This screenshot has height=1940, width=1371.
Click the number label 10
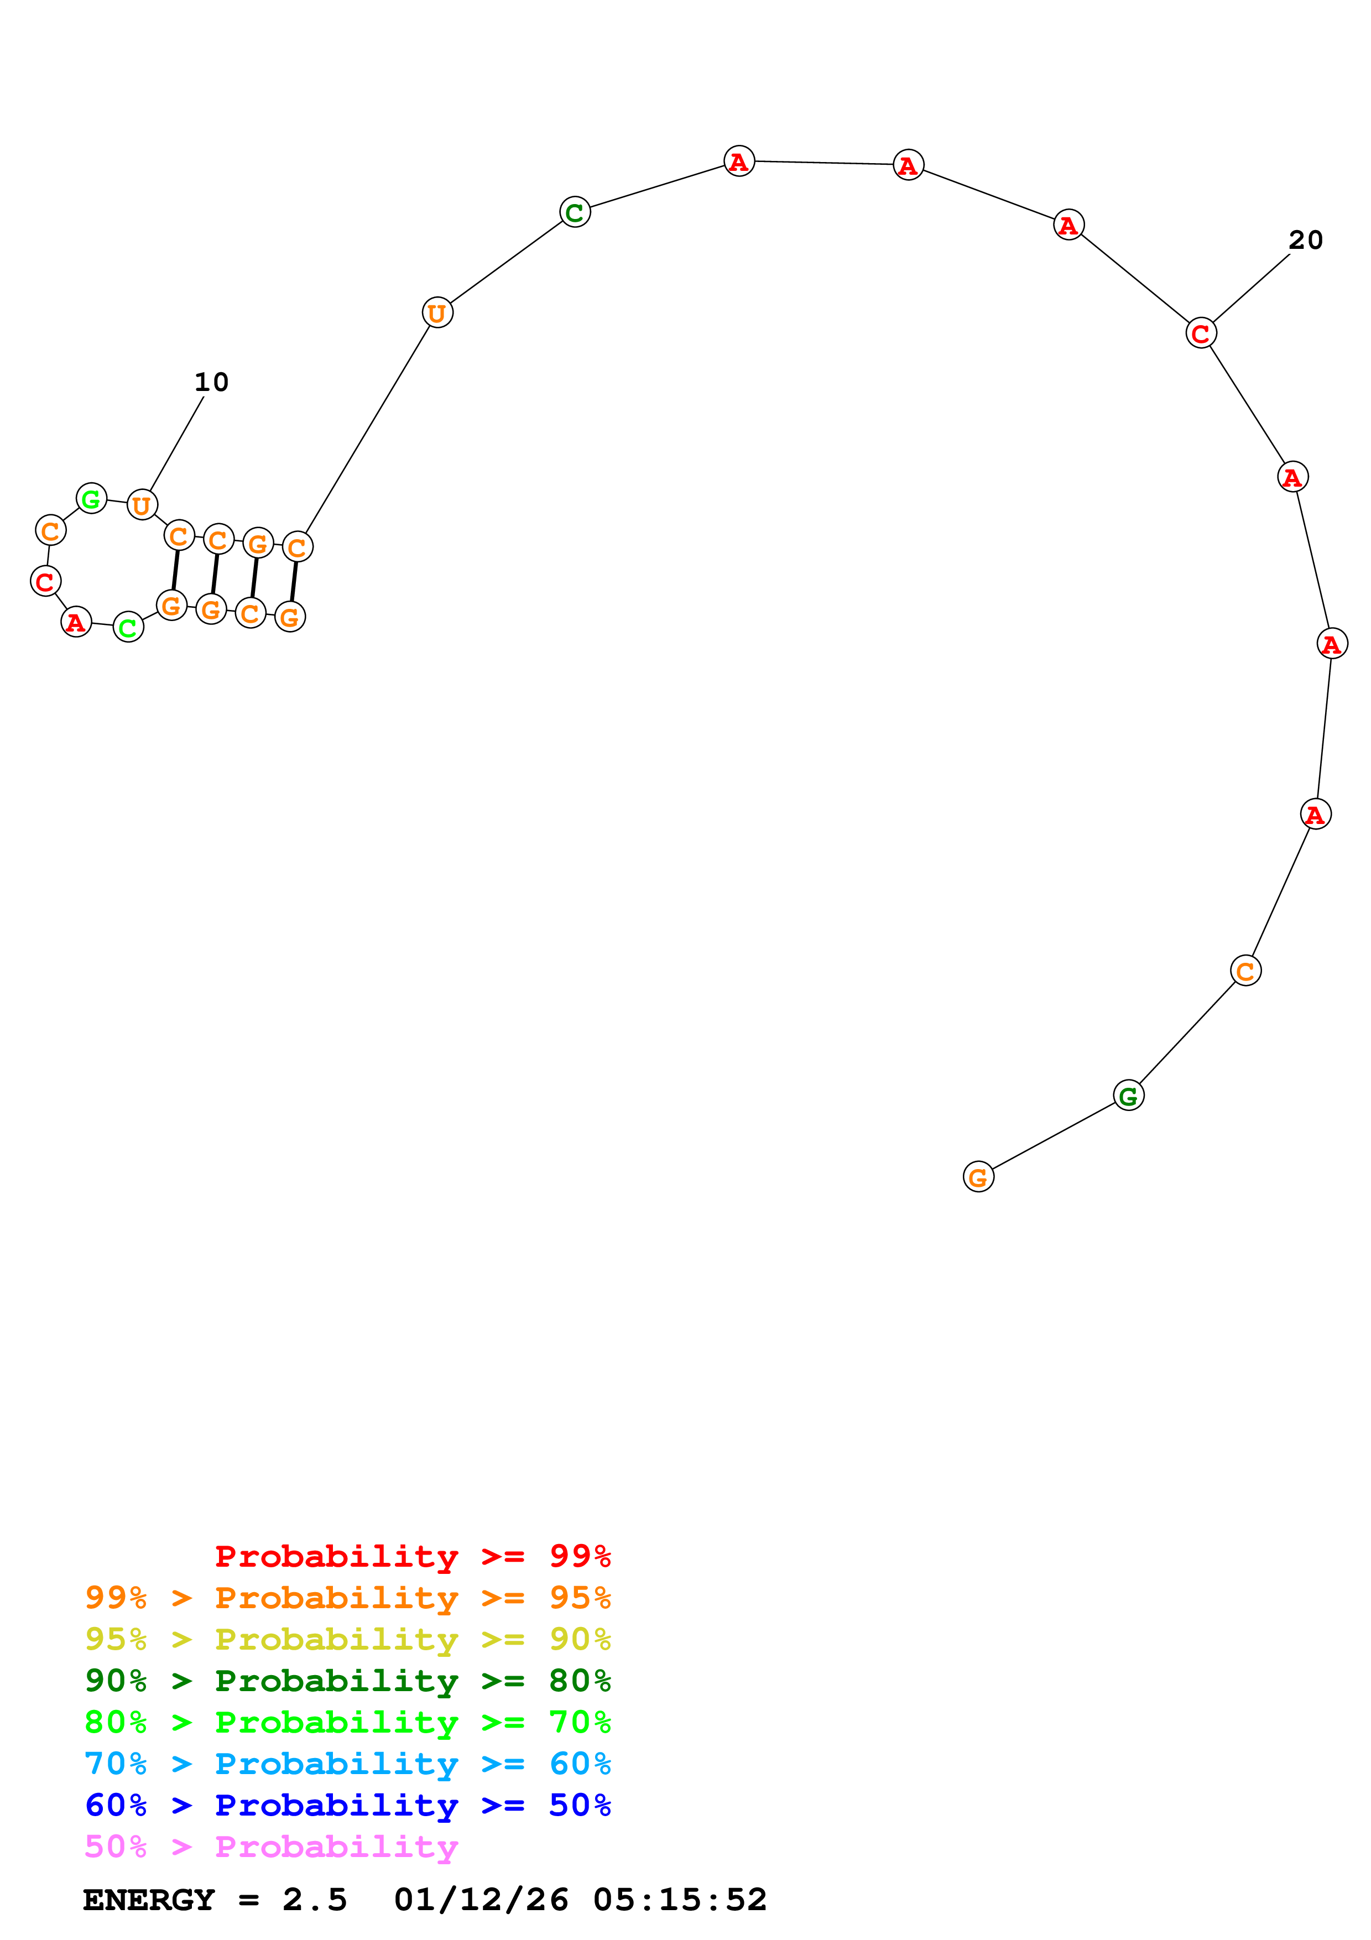[211, 383]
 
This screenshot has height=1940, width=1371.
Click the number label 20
[1305, 241]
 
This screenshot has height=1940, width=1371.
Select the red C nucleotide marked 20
[1200, 334]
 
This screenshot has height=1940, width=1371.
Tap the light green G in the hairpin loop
[91, 498]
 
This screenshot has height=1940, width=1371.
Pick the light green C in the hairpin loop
[128, 628]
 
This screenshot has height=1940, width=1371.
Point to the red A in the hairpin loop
[76, 623]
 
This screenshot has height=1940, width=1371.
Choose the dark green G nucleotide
[1128, 1097]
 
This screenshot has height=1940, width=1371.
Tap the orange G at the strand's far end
[978, 1177]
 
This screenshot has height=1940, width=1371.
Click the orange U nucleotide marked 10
[142, 505]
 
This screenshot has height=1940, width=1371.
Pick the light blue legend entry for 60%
[347, 1764]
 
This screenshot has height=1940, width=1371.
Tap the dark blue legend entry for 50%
[347, 1805]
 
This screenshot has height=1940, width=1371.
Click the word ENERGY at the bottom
[149, 1900]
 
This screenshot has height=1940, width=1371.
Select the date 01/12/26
[481, 1900]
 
